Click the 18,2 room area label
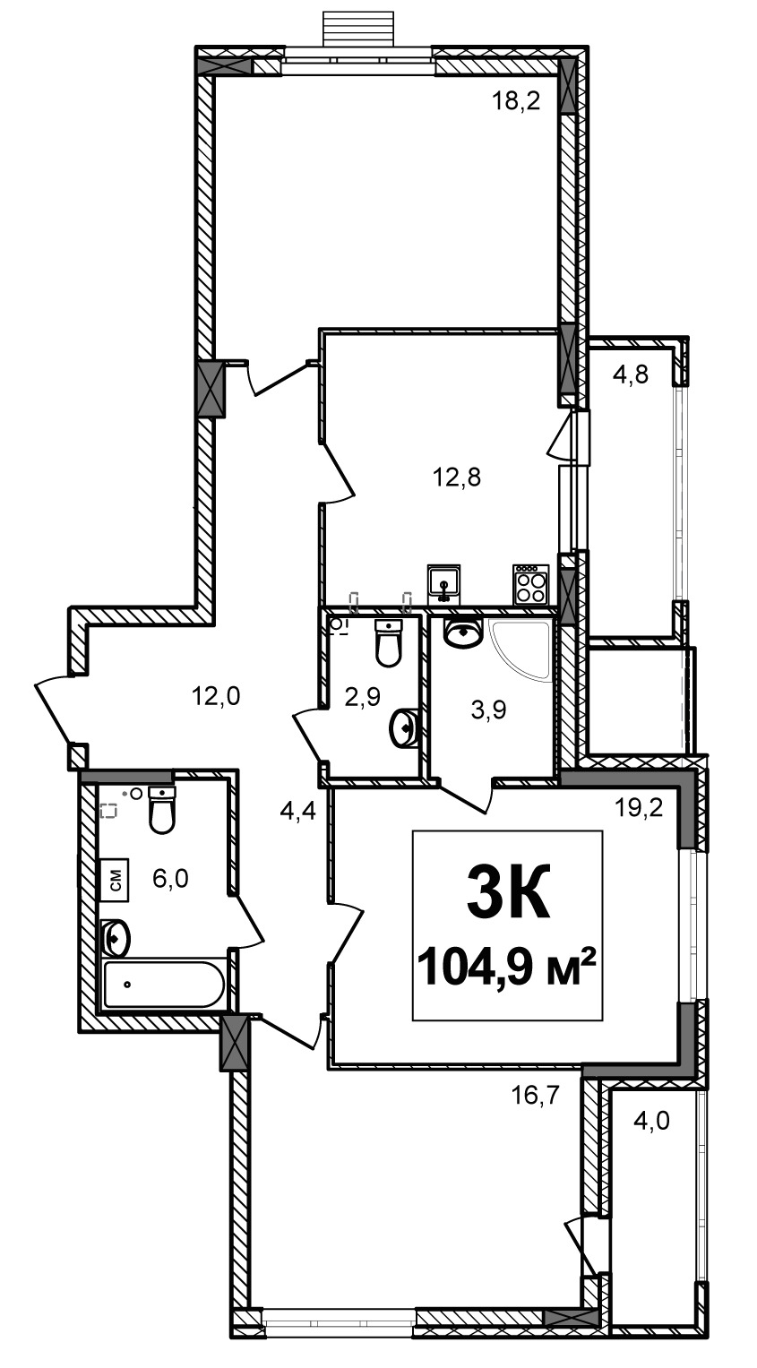point(517,101)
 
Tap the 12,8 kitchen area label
point(457,477)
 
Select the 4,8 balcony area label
point(630,374)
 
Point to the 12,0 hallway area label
point(216,695)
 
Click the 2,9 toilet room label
point(363,697)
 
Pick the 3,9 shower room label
point(489,710)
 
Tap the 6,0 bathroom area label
point(170,879)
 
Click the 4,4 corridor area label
point(298,812)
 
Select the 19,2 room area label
point(639,809)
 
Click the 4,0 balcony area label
point(652,1121)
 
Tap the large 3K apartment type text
point(508,890)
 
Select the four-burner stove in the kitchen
point(530,584)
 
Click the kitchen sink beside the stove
point(444,584)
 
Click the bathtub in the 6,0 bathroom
point(164,985)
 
